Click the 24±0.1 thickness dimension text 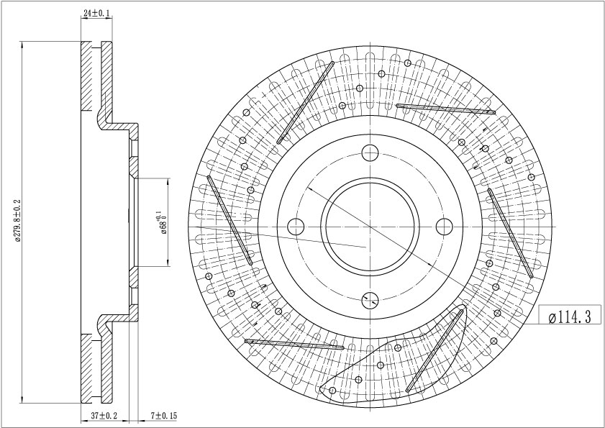(x=96, y=13)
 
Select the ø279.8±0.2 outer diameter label (x=17, y=221)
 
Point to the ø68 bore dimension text (x=162, y=223)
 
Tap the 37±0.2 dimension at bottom (x=104, y=416)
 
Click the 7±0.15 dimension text (x=163, y=416)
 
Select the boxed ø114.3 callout (x=570, y=317)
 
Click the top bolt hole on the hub (x=370, y=152)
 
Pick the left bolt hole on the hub (x=296, y=227)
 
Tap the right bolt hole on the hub (x=444, y=227)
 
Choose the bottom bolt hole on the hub (x=370, y=300)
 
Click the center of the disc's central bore (x=370, y=227)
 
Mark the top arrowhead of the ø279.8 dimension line (x=22, y=45)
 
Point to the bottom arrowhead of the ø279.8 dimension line (x=22, y=400)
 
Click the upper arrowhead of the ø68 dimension (x=168, y=181)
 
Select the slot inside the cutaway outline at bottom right (x=435, y=351)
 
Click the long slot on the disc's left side (x=229, y=220)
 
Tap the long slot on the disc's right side (x=510, y=233)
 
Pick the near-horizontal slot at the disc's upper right (x=445, y=109)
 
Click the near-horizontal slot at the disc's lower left (x=294, y=345)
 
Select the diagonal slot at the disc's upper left (x=305, y=103)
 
